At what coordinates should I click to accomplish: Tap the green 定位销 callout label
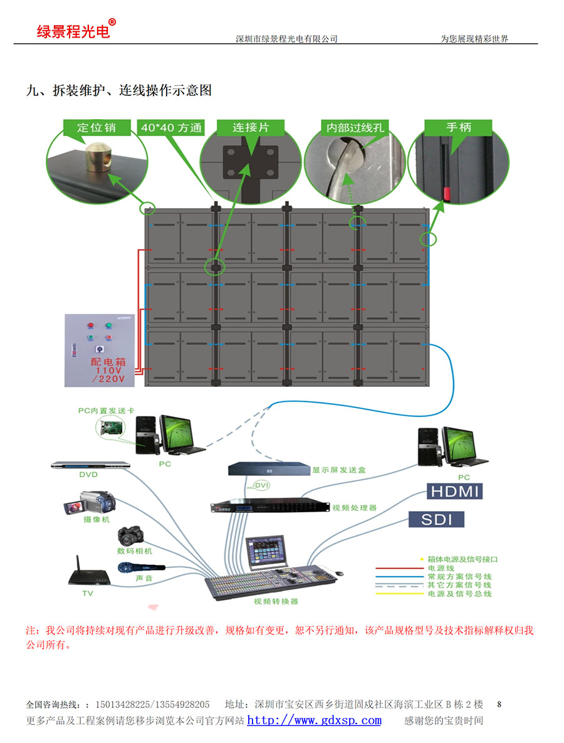pos(96,127)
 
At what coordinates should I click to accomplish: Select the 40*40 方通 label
pos(171,128)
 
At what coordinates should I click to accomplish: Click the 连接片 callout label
pos(251,127)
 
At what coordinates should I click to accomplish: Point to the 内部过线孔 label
pos(355,128)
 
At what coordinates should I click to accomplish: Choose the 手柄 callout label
pos(459,127)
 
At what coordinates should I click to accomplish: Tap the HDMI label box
pos(454,491)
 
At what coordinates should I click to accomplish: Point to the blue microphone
pos(140,567)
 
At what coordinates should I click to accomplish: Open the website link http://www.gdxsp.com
pos(314,720)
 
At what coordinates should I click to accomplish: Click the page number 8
pos(499,704)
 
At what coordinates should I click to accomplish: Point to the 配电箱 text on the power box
pos(108,362)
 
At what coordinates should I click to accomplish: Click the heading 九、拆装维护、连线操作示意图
pos(118,90)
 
